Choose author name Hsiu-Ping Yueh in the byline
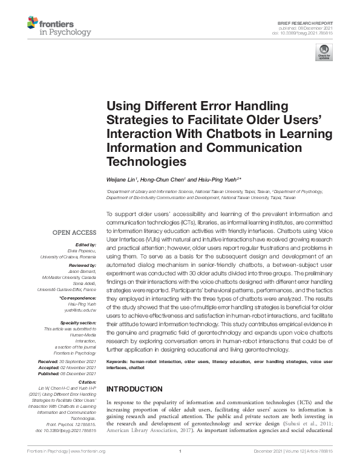coord(214,180)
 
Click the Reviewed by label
coord(81,264)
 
